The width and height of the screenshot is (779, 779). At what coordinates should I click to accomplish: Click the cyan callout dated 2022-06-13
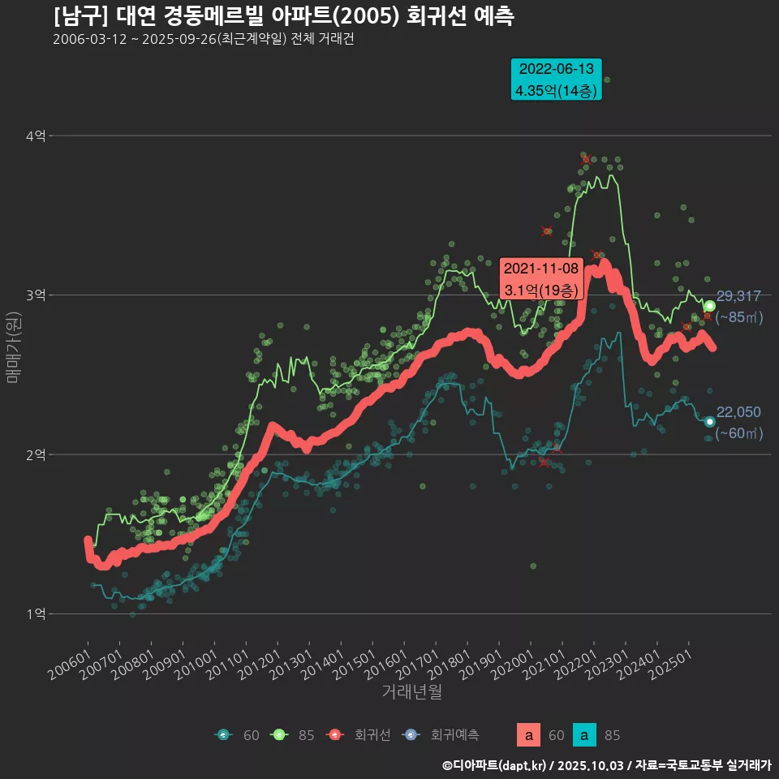tap(556, 80)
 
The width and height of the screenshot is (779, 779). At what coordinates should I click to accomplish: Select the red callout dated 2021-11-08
tap(541, 278)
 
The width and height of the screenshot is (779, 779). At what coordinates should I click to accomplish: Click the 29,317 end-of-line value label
tap(738, 296)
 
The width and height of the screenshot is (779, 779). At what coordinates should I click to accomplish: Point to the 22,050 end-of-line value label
tap(738, 412)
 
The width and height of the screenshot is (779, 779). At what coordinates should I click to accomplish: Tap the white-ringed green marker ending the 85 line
tap(709, 306)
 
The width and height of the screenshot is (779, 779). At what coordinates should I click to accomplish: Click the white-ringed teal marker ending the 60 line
tap(709, 421)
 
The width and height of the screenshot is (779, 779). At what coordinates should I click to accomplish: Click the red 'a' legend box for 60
tap(528, 735)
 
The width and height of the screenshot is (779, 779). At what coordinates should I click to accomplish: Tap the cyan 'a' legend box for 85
tap(584, 735)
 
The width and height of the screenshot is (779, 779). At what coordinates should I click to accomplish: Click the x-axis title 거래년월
tap(411, 692)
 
